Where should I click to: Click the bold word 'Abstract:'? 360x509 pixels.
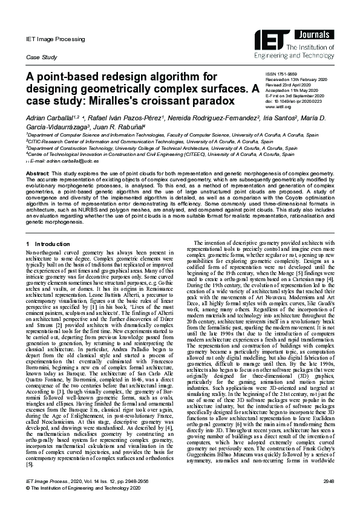pos(38,173)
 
